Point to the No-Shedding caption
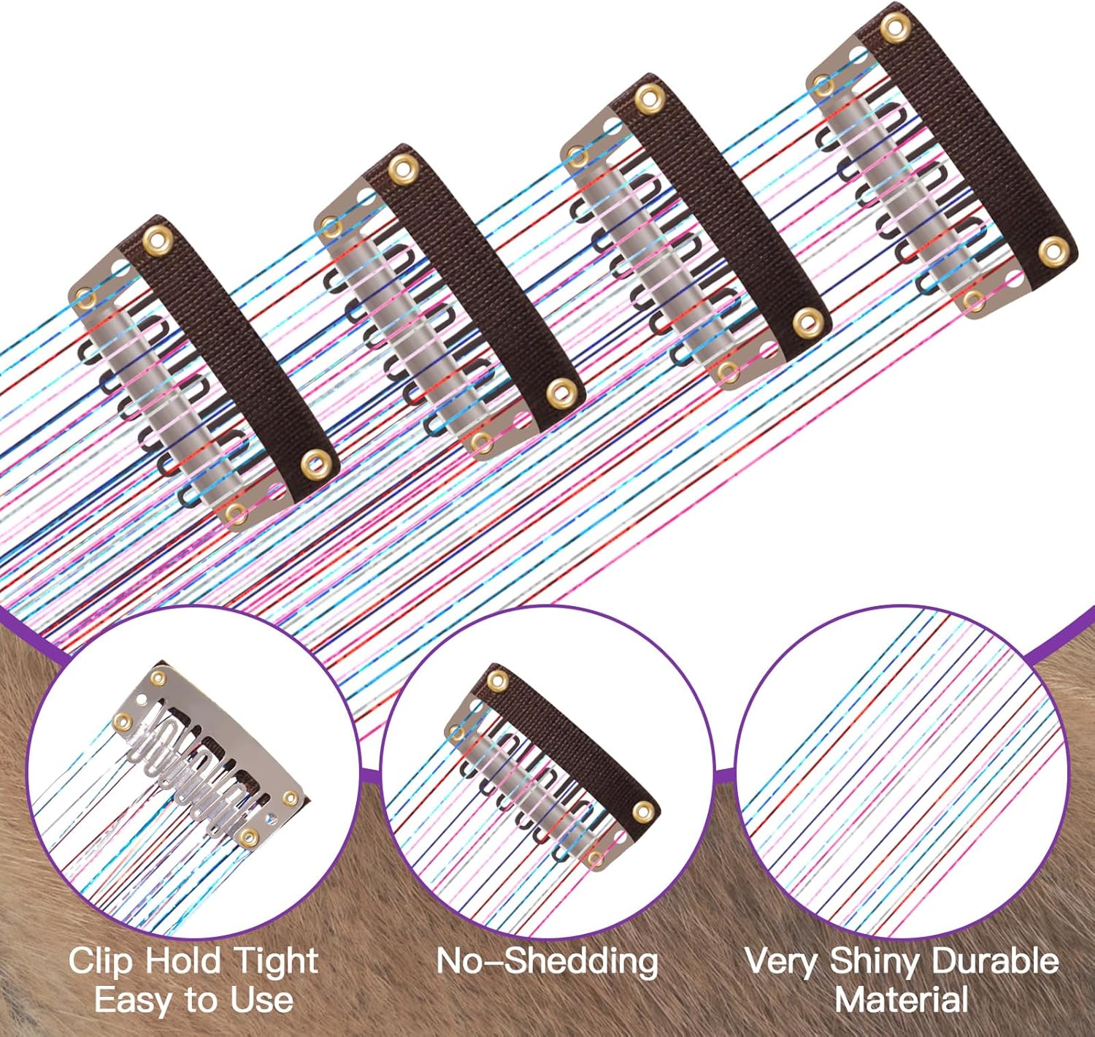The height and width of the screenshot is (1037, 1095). (x=547, y=962)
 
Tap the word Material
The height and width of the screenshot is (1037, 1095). (x=902, y=1000)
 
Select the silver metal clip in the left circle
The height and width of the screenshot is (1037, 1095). (x=212, y=752)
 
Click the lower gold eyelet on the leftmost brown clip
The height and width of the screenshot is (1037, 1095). (x=315, y=462)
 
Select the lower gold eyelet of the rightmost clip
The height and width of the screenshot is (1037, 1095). (x=1052, y=250)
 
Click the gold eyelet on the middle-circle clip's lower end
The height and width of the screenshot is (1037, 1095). (x=643, y=810)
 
